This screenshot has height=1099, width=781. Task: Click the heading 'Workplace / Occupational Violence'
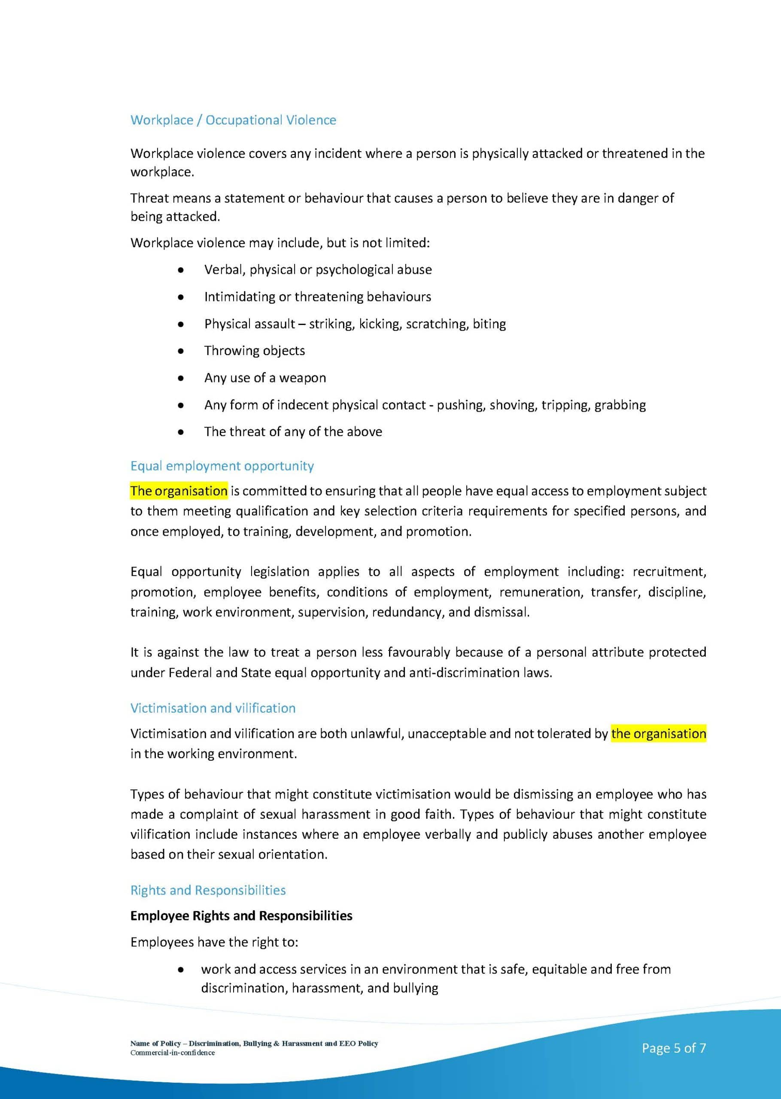coord(233,120)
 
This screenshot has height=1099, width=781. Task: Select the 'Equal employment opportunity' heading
coord(222,466)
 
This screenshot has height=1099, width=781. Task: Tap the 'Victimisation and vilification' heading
coord(213,708)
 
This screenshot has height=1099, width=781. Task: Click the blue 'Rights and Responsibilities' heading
coord(208,890)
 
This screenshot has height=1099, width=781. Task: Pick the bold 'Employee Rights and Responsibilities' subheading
coord(241,916)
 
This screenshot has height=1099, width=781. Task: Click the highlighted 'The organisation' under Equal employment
coord(179,491)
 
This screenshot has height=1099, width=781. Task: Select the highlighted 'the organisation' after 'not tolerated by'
coord(658,734)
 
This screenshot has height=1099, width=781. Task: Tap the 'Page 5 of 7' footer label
coord(674,1048)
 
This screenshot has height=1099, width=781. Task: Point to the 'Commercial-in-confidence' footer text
coord(172,1053)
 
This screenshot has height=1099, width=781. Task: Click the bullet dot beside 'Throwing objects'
coord(180,352)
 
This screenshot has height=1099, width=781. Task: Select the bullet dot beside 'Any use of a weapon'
coord(180,378)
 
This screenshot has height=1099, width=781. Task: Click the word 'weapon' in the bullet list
coord(303,378)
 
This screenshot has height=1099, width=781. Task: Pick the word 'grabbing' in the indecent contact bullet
coord(620,405)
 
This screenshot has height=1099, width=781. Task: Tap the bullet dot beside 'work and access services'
coord(180,970)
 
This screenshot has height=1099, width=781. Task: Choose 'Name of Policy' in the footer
coord(155,1043)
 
